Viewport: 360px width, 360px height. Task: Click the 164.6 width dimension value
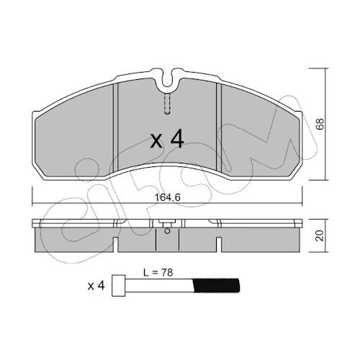pos(168,197)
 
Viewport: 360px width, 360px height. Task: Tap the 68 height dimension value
pos(320,124)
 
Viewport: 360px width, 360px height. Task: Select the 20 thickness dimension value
pos(320,235)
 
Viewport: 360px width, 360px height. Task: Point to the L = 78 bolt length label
pos(158,273)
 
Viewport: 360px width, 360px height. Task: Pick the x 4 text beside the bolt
pos(96,286)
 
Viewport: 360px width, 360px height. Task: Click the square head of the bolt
pos(119,285)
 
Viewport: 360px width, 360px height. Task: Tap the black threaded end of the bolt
pos(216,285)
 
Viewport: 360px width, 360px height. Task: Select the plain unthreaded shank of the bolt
pos(159,285)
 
